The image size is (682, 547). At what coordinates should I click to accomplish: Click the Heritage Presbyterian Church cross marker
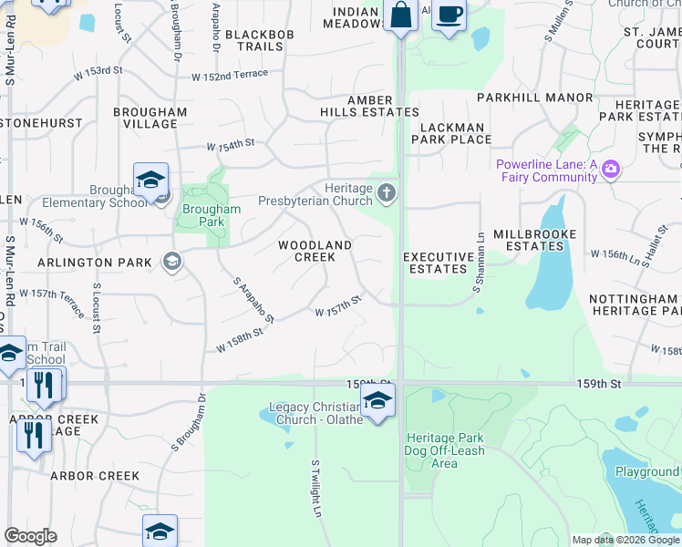pos(387,192)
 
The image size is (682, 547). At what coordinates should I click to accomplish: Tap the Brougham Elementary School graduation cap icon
pos(150,180)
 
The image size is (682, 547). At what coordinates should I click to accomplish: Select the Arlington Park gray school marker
pos(170,263)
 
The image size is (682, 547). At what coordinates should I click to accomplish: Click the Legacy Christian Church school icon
pos(377,399)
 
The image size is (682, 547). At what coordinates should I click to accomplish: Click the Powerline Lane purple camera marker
pos(610,169)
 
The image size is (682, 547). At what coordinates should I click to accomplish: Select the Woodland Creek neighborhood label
pos(315,251)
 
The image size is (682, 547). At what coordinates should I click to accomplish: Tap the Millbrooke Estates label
pos(535,240)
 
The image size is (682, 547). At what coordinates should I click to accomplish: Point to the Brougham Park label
pos(211,215)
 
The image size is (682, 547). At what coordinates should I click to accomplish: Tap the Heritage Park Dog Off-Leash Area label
pos(444,450)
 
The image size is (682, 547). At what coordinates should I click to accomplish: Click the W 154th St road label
pos(230,146)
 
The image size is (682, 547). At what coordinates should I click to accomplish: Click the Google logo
pos(30,536)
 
